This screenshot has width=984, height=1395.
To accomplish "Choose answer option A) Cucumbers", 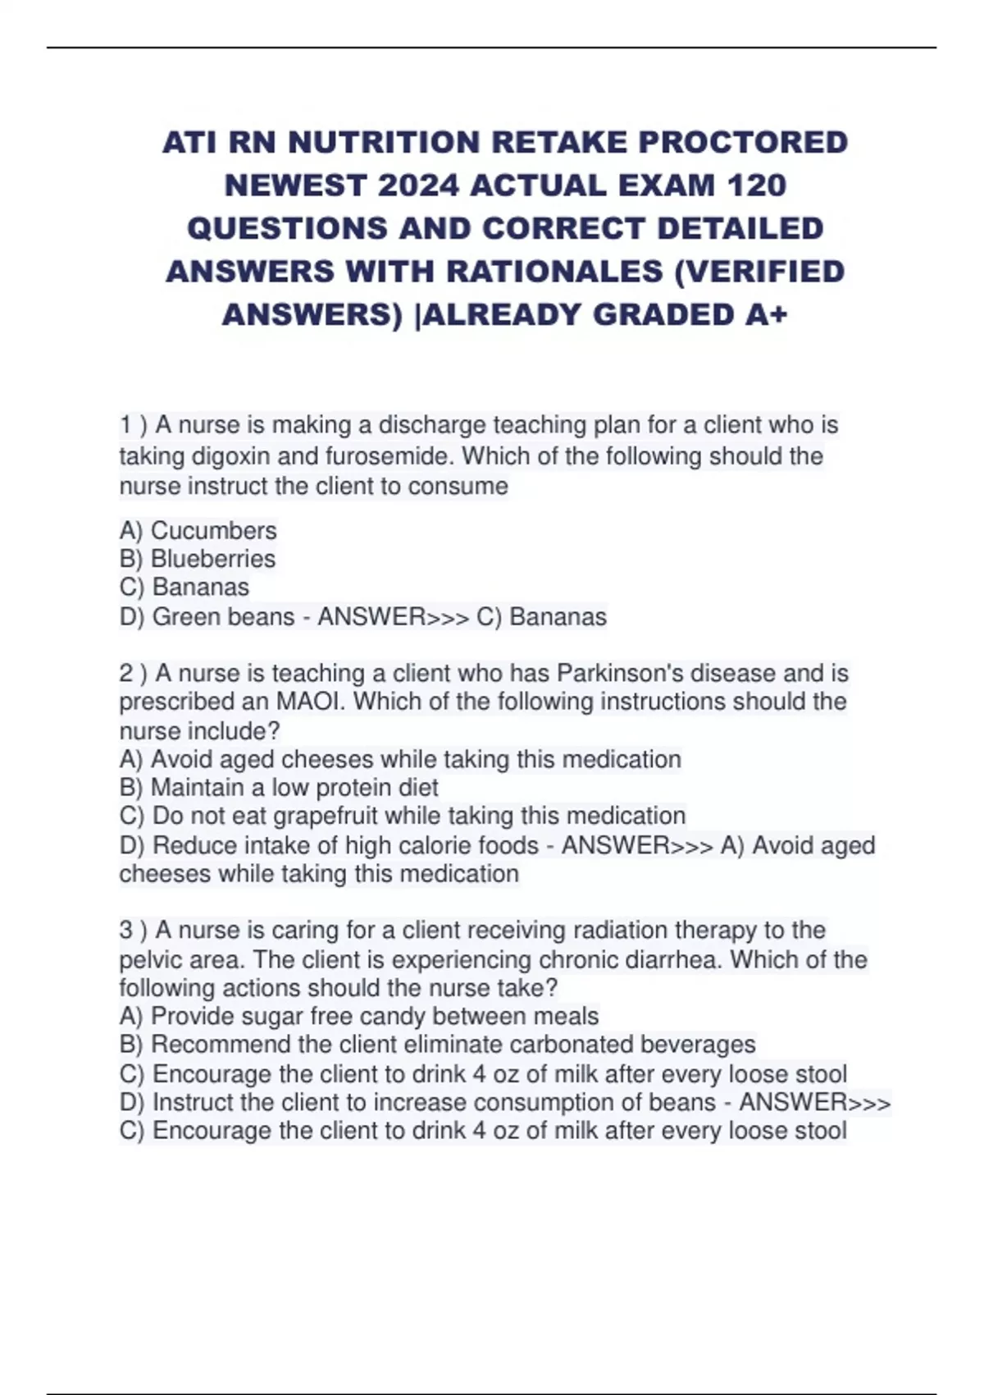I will pos(198,531).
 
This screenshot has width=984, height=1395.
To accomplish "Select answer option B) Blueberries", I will pos(198,559).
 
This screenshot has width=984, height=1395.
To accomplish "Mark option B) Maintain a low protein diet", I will pos(279,788).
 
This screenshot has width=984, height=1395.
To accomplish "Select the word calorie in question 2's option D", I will pos(428,846).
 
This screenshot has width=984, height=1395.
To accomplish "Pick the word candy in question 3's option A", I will pos(392,1017).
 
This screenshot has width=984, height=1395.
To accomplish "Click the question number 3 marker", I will pos(126,931).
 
